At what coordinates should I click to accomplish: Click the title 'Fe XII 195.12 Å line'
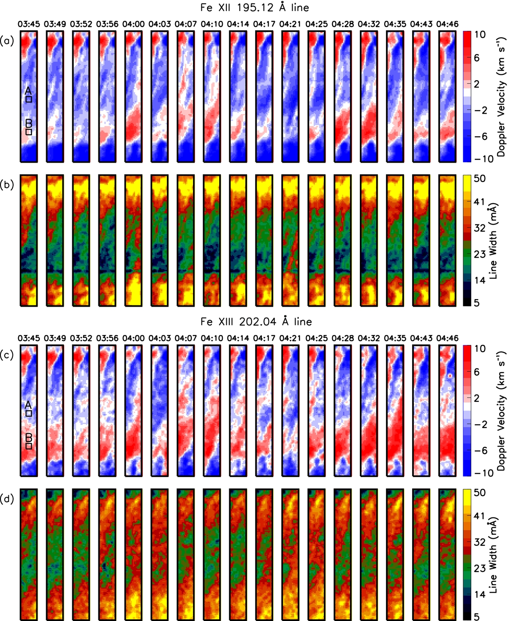tap(254, 8)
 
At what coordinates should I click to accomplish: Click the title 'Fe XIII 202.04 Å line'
tap(256, 322)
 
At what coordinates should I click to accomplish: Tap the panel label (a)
tap(7, 41)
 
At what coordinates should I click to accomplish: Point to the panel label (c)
tap(7, 354)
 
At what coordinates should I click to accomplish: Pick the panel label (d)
tap(7, 499)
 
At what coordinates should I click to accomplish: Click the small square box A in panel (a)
tap(29, 99)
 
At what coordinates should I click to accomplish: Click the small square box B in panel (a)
tap(29, 131)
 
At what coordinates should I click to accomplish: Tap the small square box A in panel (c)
tap(29, 414)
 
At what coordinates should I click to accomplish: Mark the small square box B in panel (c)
tap(29, 446)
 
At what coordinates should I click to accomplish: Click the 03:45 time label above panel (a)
tap(29, 24)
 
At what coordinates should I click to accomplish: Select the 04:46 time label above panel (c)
tap(447, 338)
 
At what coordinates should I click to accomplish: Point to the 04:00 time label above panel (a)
tap(133, 24)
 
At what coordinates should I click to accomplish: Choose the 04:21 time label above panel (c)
tap(290, 338)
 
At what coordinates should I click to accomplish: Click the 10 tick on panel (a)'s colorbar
tap(480, 35)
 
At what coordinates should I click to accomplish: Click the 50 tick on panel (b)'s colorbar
tap(480, 179)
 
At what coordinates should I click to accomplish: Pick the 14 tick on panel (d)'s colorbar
tap(480, 594)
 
